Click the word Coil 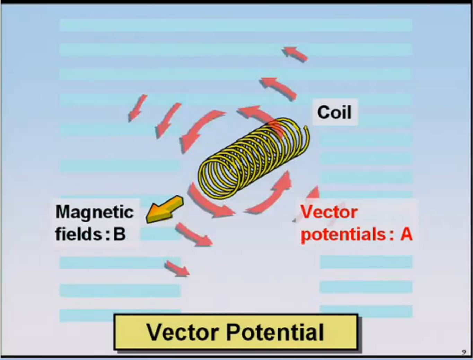point(334,112)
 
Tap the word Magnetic point(95,212)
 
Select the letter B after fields point(120,234)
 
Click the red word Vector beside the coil point(329,212)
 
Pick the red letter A point(406,234)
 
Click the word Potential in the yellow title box point(275,332)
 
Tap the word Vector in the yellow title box point(183,332)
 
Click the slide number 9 point(464,352)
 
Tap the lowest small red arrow point(177,269)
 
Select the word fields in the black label point(78,234)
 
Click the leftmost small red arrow point(138,108)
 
